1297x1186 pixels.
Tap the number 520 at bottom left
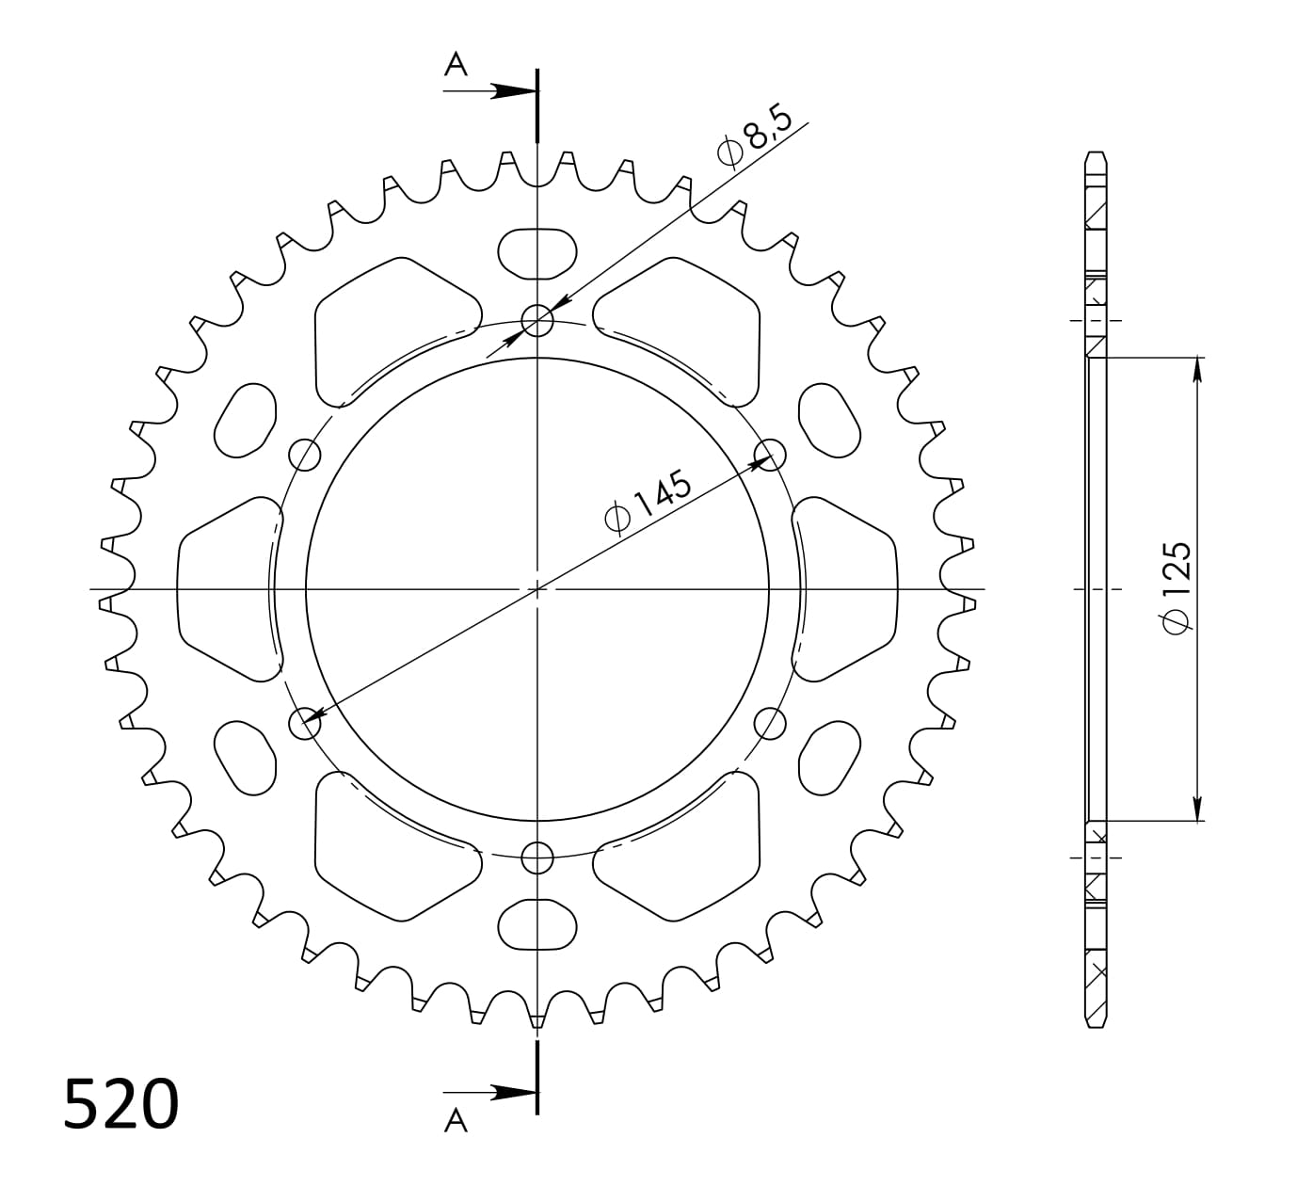(120, 1104)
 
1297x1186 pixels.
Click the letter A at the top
(456, 64)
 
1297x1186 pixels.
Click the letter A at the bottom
(456, 1120)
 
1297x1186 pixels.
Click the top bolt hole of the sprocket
(537, 321)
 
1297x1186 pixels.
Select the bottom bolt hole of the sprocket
(537, 857)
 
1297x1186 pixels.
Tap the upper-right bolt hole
(770, 455)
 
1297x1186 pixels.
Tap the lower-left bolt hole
(304, 724)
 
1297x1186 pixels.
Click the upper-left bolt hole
(305, 455)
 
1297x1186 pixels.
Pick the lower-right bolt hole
(770, 724)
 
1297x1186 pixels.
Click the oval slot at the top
(537, 253)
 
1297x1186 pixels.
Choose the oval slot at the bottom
(537, 925)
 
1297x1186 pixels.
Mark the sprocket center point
(537, 589)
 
